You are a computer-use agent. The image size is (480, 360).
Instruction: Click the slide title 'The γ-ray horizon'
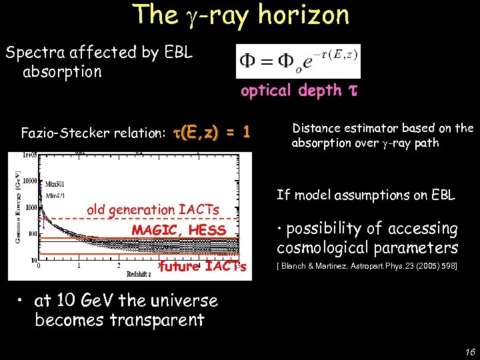(x=241, y=15)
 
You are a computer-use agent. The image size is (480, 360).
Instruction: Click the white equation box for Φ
(x=298, y=61)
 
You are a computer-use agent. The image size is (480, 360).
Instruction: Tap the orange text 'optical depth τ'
(x=299, y=91)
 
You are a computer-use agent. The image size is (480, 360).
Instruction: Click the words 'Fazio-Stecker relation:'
(x=93, y=133)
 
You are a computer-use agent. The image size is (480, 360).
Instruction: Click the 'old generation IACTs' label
(x=153, y=210)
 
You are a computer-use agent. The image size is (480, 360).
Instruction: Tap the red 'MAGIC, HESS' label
(x=179, y=230)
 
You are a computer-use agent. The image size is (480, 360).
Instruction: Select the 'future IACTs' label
(x=203, y=267)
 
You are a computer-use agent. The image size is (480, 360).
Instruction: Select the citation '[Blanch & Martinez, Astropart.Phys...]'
(x=366, y=268)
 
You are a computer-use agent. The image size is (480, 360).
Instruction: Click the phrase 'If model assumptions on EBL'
(x=365, y=195)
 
